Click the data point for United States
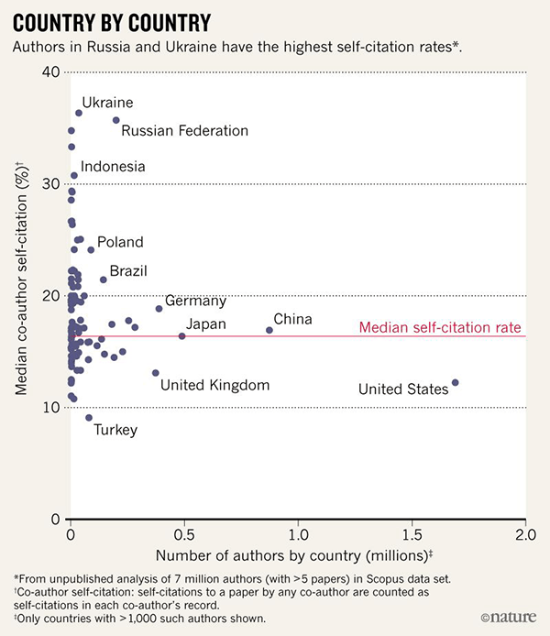point(456,382)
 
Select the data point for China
point(269,330)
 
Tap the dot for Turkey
point(89,418)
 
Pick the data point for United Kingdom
point(156,373)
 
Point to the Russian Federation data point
point(116,120)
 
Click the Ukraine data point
point(79,113)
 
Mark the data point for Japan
point(181,336)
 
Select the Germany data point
point(159,309)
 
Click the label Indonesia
point(113,167)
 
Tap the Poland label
point(120,242)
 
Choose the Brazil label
point(128,271)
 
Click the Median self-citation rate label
point(440,327)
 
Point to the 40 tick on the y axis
point(51,72)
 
